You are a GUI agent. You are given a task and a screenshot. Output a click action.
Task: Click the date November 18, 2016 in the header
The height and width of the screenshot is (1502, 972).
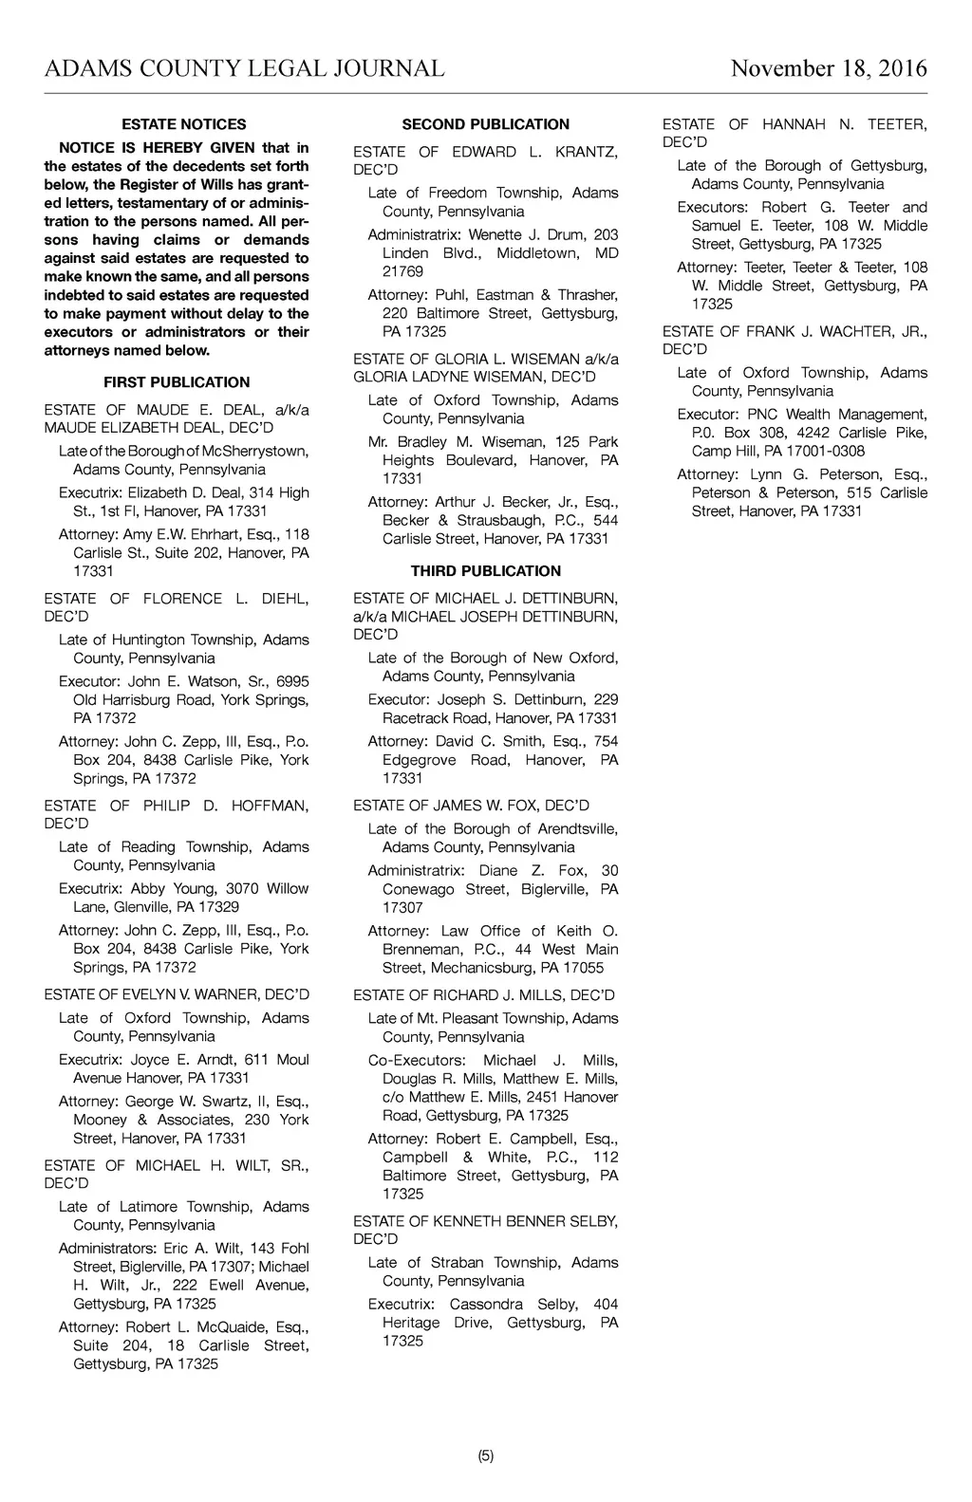[829, 69]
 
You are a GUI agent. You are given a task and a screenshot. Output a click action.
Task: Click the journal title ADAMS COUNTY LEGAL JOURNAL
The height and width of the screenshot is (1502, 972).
[244, 69]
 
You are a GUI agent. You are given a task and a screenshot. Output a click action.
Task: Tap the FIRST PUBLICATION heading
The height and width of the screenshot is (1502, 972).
[177, 382]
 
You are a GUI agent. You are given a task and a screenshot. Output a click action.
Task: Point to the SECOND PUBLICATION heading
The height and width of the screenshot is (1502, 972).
[485, 124]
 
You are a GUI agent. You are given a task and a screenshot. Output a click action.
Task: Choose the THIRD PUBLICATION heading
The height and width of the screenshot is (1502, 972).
[485, 571]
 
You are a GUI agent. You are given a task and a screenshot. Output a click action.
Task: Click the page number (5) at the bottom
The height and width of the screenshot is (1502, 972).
[485, 1456]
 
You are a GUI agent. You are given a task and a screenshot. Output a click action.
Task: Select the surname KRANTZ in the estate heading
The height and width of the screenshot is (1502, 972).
[586, 152]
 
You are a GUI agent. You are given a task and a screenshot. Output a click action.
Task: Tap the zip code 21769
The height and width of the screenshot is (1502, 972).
[402, 272]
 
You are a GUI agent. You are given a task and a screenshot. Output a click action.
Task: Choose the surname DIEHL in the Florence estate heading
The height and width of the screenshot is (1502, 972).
[285, 599]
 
